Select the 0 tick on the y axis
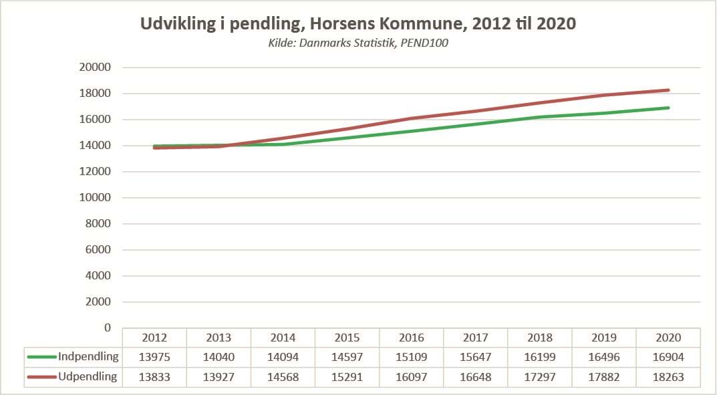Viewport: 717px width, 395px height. coord(106,327)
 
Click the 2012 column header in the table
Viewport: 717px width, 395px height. coord(154,338)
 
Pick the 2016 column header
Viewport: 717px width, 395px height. coord(411,338)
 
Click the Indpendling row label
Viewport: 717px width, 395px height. coord(88,356)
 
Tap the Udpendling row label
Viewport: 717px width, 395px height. coord(88,376)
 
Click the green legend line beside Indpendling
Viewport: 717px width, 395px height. coord(41,357)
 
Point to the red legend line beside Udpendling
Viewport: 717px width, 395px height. coord(41,377)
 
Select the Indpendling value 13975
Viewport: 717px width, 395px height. coord(154,357)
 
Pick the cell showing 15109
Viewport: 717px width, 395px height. coord(411,357)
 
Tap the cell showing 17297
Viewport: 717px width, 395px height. coord(539,377)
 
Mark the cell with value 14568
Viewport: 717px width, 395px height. coord(283,377)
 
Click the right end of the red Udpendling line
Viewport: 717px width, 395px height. coord(668,90)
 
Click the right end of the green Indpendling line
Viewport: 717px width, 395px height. coord(668,108)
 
